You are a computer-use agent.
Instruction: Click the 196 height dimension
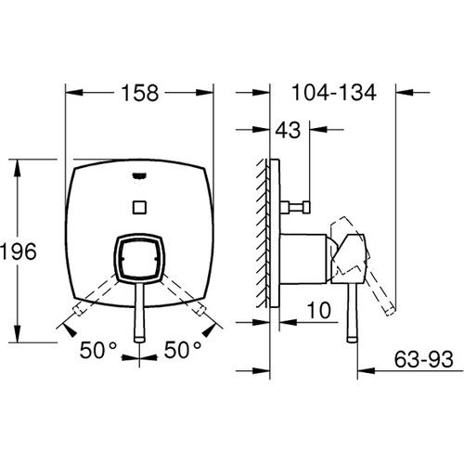click(18, 251)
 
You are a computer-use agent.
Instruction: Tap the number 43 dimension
click(288, 132)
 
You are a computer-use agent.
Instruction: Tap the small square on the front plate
click(139, 205)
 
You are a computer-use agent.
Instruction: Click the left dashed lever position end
click(74, 311)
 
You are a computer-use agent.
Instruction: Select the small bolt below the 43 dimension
click(299, 202)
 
